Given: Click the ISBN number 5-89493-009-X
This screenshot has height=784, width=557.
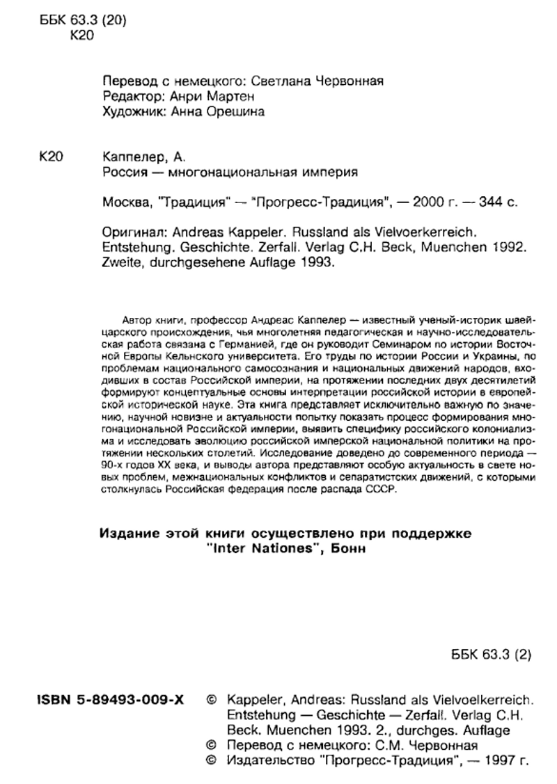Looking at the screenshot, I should (109, 701).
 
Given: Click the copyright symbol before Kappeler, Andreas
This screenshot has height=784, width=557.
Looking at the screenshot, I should (212, 701).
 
